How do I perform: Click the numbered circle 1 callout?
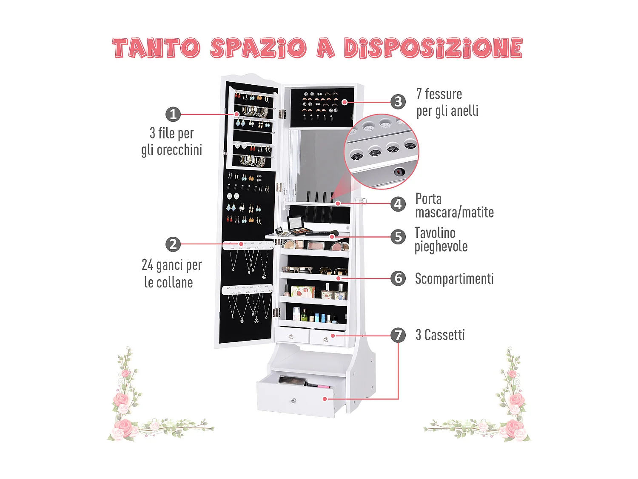pyautogui.click(x=173, y=114)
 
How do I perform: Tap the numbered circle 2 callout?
pyautogui.click(x=173, y=244)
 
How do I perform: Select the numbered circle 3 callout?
pyautogui.click(x=398, y=102)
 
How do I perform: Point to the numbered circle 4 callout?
pyautogui.click(x=398, y=204)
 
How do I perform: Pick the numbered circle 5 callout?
pyautogui.click(x=398, y=237)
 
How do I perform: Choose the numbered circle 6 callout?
pyautogui.click(x=398, y=278)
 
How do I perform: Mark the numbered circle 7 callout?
pyautogui.click(x=398, y=335)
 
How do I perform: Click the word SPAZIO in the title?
pyautogui.click(x=258, y=48)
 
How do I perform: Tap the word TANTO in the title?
pyautogui.click(x=156, y=48)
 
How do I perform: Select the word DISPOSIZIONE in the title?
pyautogui.click(x=433, y=48)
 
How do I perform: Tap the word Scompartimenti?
pyautogui.click(x=454, y=279)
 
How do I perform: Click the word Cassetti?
pyautogui.click(x=444, y=335)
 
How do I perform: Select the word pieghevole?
pyautogui.click(x=441, y=247)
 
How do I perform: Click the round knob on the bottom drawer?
pyautogui.click(x=293, y=400)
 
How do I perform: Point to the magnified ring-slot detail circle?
pyautogui.click(x=382, y=152)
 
